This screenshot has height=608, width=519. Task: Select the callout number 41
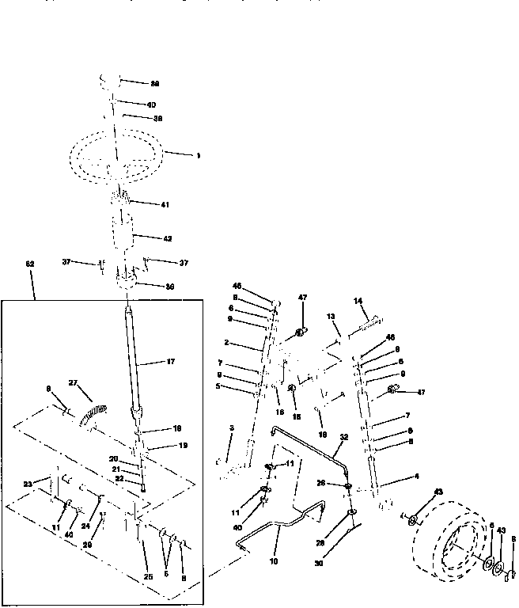tap(165, 205)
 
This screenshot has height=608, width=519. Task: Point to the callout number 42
tap(167, 237)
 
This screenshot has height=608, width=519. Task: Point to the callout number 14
tap(358, 301)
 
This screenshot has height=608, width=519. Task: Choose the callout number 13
tap(331, 316)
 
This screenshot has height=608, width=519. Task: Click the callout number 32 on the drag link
tap(343, 436)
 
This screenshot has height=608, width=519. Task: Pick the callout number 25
tap(148, 577)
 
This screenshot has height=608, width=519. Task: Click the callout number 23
tap(28, 484)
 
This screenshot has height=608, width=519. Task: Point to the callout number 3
tap(231, 428)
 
